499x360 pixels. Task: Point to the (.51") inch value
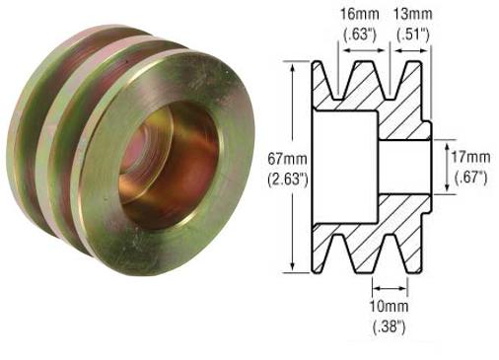click(411, 33)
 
